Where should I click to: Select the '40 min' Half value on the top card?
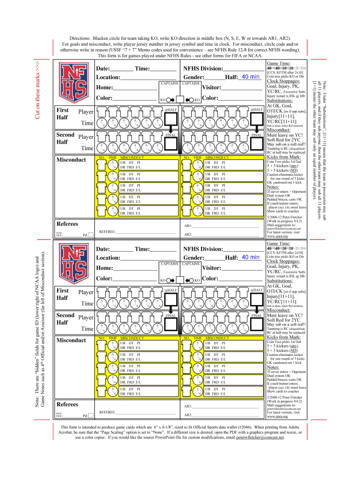click(251, 77)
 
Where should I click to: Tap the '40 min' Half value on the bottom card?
click(251, 257)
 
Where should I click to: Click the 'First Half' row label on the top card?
click(63, 114)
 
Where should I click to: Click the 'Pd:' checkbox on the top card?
click(91, 235)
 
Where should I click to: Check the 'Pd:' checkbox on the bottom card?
click(91, 416)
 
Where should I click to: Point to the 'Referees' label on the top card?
click(67, 224)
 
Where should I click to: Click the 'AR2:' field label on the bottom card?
click(188, 415)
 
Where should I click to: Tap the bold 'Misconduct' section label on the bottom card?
click(71, 341)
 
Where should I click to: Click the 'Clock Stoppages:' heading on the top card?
click(286, 81)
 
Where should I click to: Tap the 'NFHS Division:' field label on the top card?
click(204, 69)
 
